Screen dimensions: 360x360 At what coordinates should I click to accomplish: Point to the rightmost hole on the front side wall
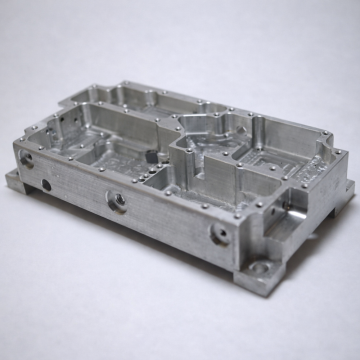(216, 235)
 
